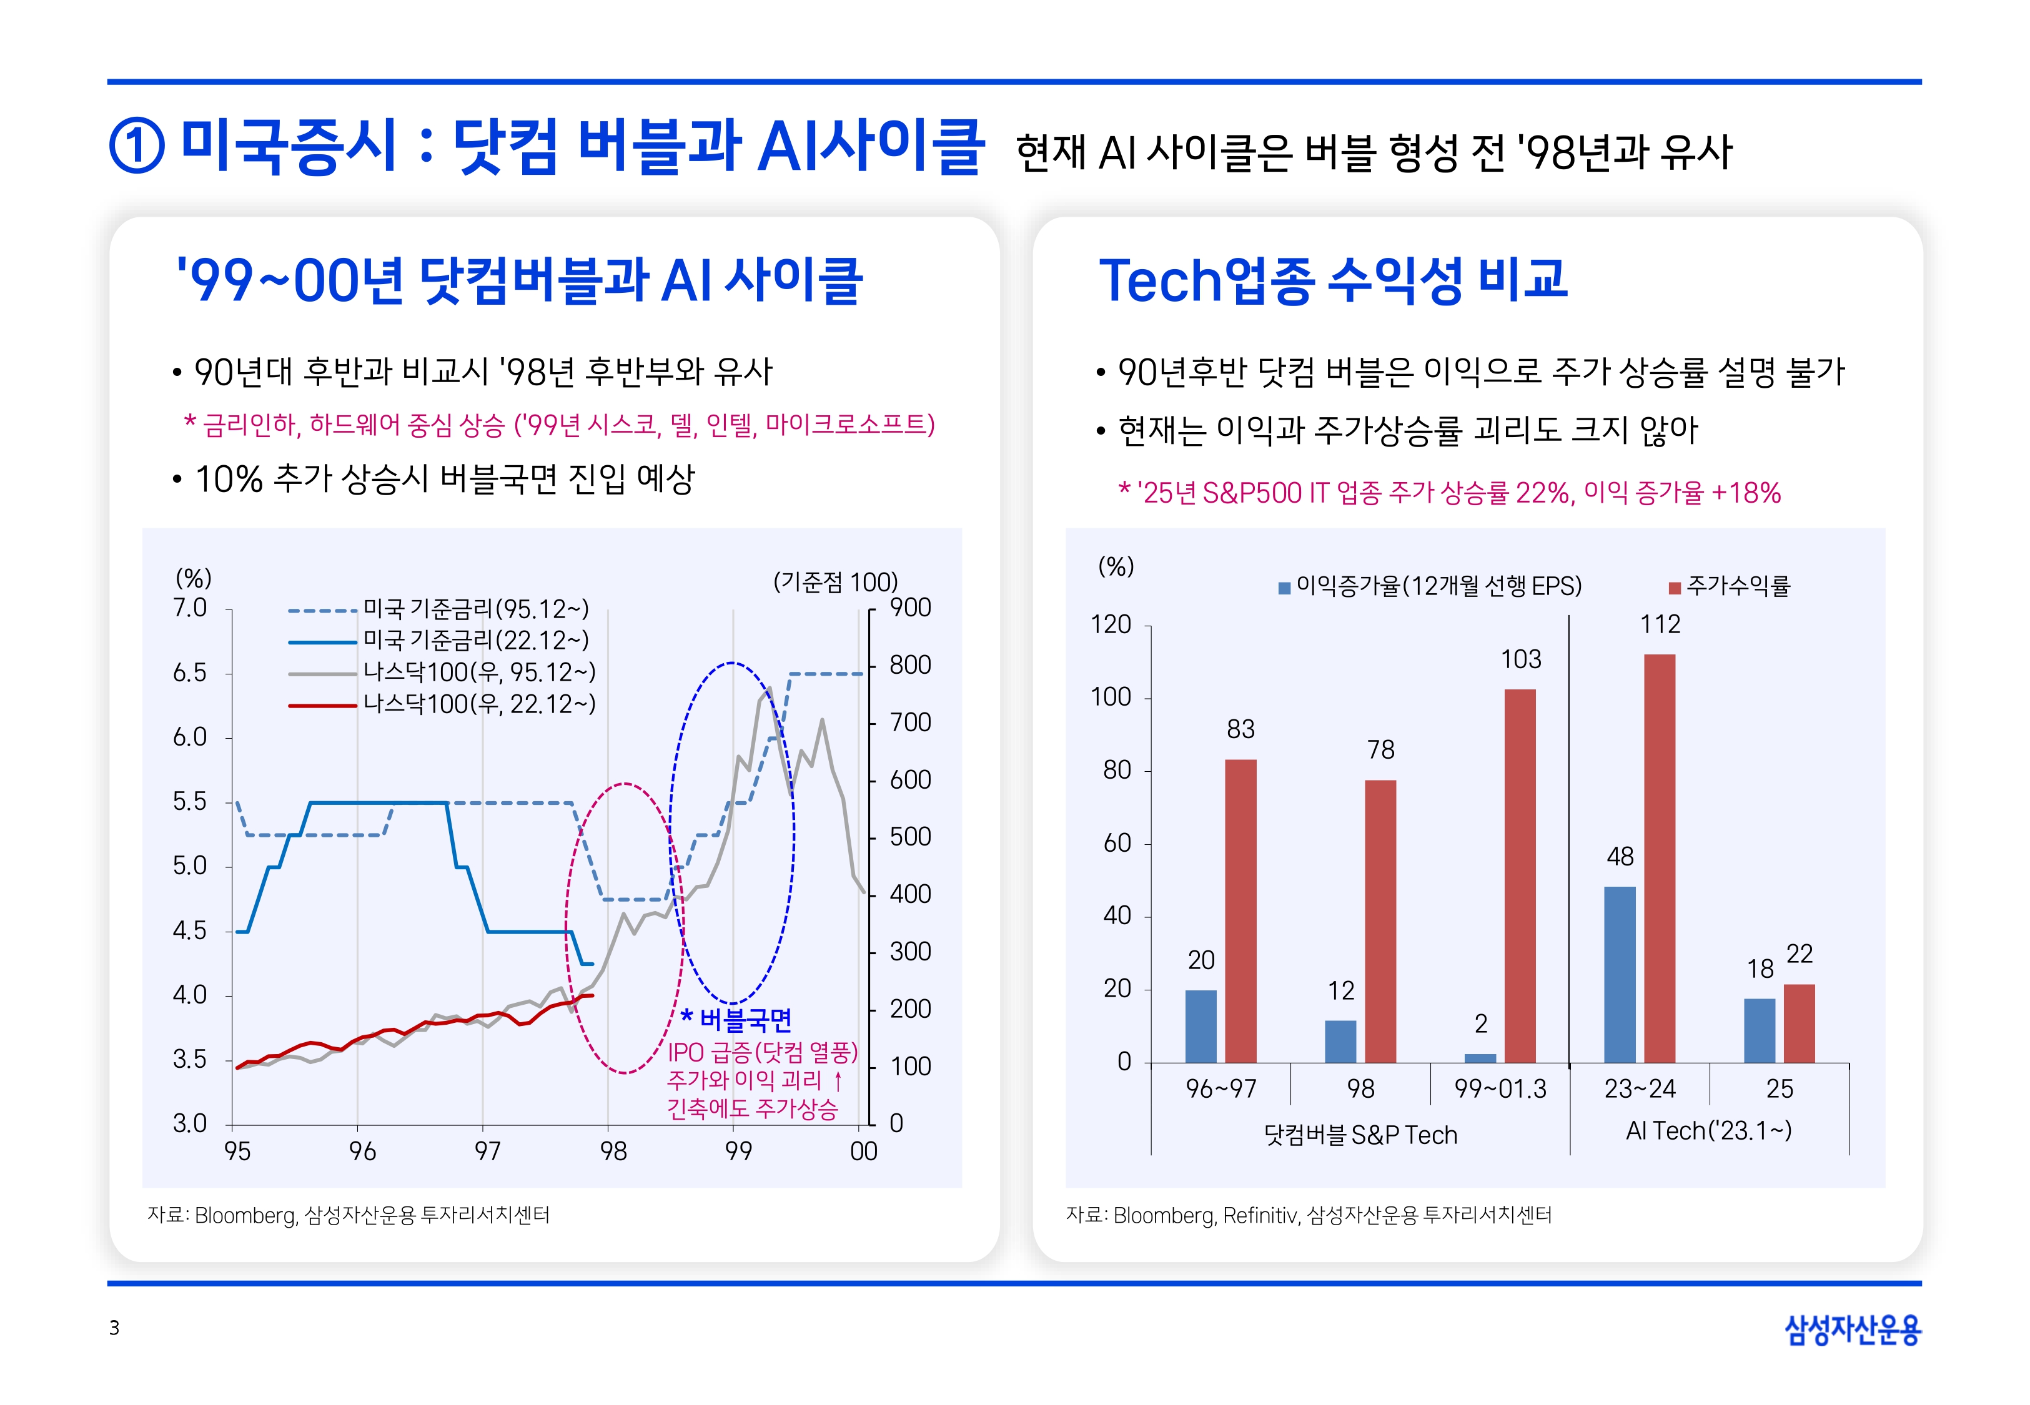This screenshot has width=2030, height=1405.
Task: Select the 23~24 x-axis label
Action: point(1639,1089)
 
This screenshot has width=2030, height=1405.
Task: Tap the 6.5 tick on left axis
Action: point(189,673)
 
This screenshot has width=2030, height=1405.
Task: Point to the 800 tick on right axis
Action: point(909,666)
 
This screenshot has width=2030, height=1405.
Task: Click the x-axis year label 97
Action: point(487,1151)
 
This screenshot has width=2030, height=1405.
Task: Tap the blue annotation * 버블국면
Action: point(738,1020)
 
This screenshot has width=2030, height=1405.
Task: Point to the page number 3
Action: point(114,1328)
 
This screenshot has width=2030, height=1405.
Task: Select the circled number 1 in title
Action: point(136,146)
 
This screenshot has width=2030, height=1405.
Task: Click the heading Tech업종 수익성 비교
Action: point(1332,280)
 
